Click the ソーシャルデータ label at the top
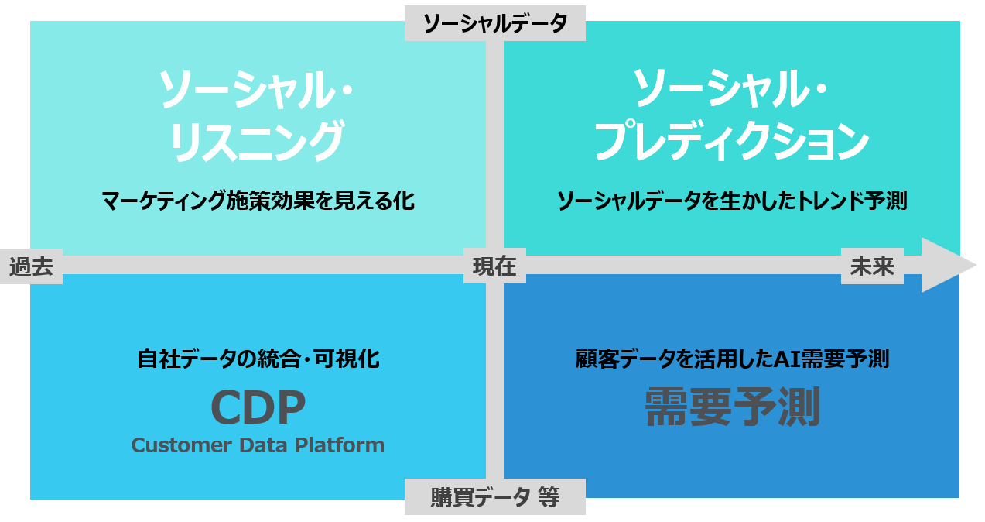(x=494, y=23)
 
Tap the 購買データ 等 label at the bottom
(x=494, y=497)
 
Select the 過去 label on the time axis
(x=31, y=266)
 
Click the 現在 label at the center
(x=494, y=266)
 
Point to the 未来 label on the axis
(x=872, y=266)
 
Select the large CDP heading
(x=258, y=407)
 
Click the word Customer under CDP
(x=181, y=445)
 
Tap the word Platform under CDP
(x=340, y=445)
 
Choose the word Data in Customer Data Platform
(x=263, y=445)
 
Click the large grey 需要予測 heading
(x=732, y=407)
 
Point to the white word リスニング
(x=257, y=140)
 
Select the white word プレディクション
(x=732, y=140)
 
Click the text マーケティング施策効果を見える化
(x=258, y=201)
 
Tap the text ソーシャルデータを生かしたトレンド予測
(x=732, y=201)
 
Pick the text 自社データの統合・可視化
(x=258, y=359)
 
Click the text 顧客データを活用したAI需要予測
(x=732, y=359)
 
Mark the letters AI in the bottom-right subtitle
(x=787, y=359)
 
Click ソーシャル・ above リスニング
(x=256, y=89)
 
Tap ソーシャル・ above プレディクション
(x=730, y=88)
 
